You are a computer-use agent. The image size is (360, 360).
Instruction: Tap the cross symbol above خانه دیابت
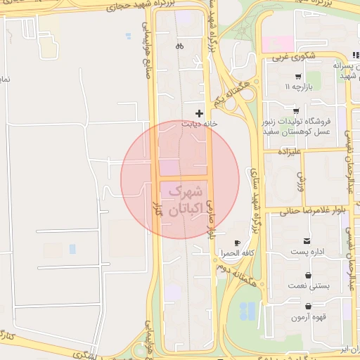coord(200,112)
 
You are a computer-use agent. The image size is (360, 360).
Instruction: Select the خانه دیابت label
coord(197,124)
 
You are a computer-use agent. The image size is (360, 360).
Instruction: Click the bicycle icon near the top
coord(180,46)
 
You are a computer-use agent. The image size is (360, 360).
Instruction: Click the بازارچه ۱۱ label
coord(297,86)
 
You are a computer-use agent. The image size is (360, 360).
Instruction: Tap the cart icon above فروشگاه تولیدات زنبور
coord(295,111)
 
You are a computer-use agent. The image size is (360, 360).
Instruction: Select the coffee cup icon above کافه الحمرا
coord(237,243)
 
